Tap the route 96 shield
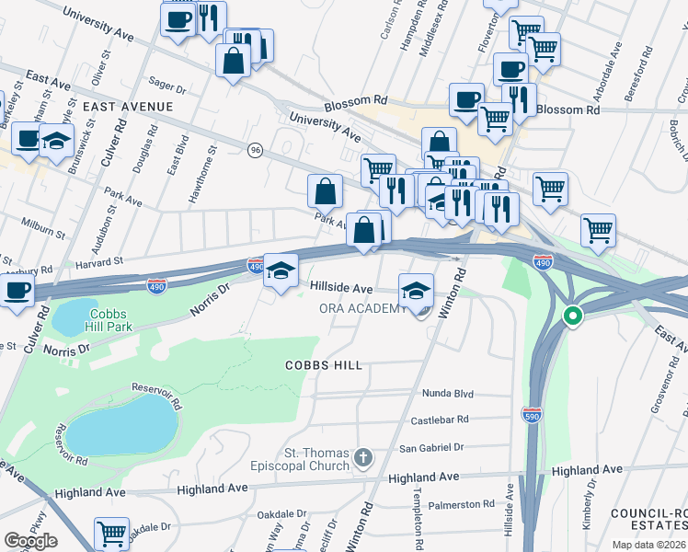point(255,149)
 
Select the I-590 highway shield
point(532,415)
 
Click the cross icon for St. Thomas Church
point(364,457)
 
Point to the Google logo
point(30,541)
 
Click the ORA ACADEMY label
point(362,308)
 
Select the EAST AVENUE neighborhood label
point(128,107)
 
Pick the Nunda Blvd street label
point(447,394)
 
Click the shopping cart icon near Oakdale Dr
point(111,533)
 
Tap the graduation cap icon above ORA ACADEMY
point(416,290)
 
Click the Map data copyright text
point(648,545)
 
